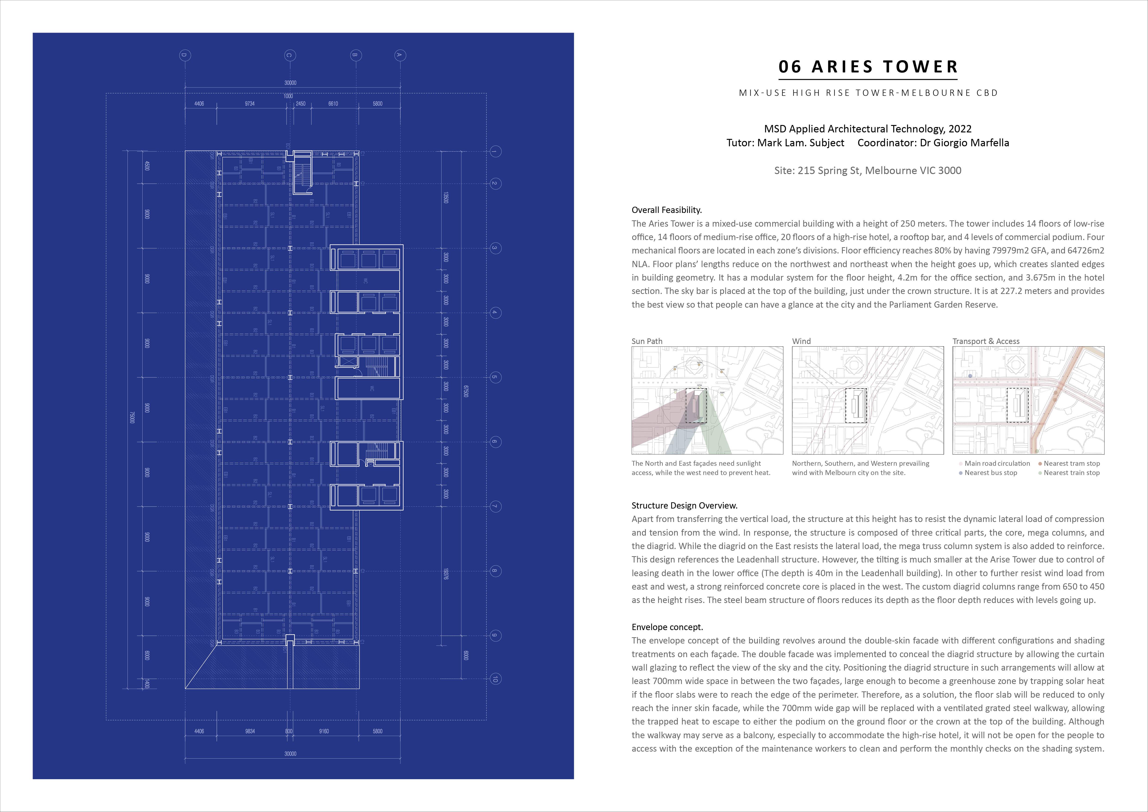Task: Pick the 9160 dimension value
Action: [x=324, y=731]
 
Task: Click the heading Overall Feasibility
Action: [x=666, y=210]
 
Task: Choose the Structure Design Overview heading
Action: [x=684, y=506]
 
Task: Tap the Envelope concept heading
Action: [x=667, y=627]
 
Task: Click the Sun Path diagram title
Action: [x=647, y=341]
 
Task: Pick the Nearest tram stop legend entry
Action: [x=1071, y=463]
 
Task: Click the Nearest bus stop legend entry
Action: [x=990, y=472]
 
